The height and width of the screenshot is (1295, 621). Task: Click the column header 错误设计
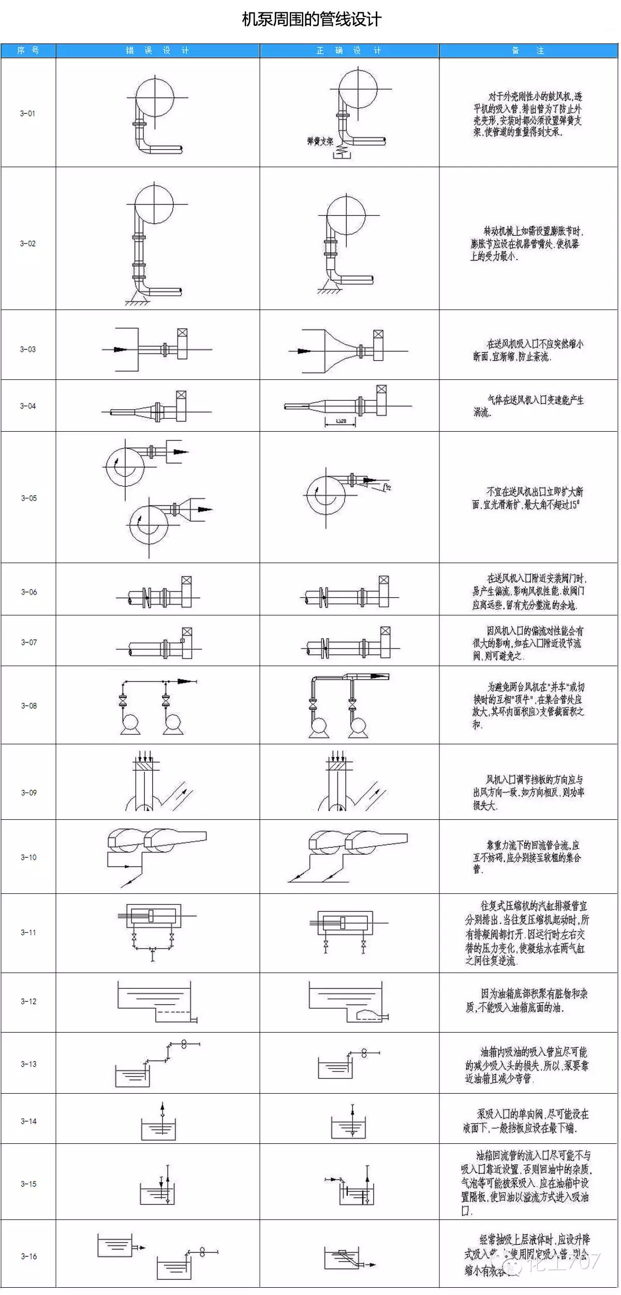point(157,51)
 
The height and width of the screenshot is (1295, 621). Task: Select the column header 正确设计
point(349,51)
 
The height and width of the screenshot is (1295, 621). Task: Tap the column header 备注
point(528,51)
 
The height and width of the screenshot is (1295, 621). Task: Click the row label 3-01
point(28,113)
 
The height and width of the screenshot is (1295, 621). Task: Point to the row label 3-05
point(29,498)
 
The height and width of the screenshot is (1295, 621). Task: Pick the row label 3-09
point(29,792)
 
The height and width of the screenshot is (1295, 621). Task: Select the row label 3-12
point(29,1001)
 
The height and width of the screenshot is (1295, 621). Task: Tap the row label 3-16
point(29,1256)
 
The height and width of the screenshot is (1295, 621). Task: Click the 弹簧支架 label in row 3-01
point(320,141)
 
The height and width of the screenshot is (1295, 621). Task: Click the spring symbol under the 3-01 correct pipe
point(342,151)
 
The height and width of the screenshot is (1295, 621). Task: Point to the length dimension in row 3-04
point(341,422)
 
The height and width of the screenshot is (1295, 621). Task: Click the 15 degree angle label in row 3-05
point(387,487)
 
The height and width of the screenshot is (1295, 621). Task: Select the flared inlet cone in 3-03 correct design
point(339,350)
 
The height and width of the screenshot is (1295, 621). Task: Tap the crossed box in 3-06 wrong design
point(186,581)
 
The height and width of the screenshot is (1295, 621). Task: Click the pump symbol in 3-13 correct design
point(364,1052)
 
